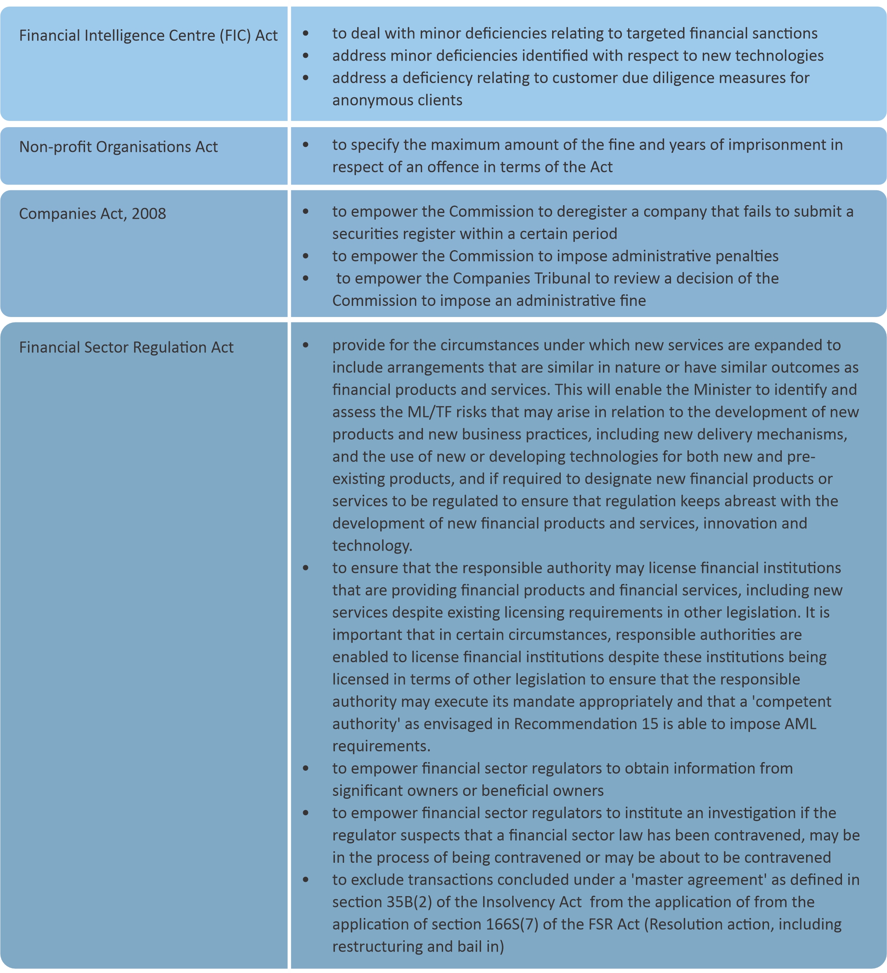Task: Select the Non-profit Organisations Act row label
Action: [x=118, y=147]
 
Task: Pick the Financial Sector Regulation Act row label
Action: [x=126, y=348]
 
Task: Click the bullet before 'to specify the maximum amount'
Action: [x=306, y=145]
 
